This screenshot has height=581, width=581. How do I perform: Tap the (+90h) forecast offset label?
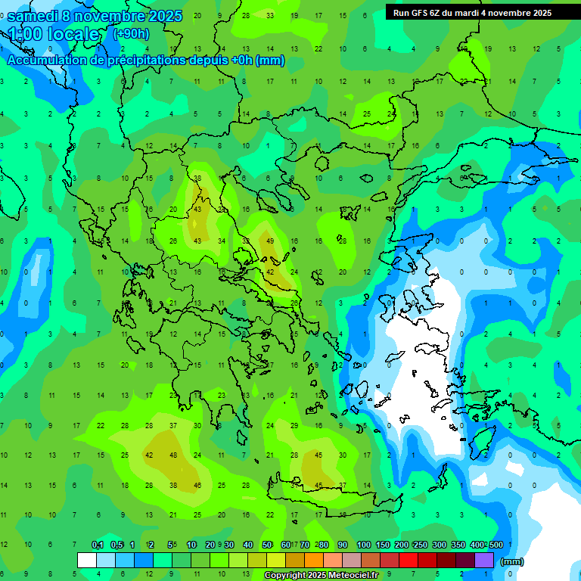[131, 33]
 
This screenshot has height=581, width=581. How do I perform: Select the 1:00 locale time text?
[53, 34]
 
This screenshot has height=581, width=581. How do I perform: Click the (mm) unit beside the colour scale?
[512, 561]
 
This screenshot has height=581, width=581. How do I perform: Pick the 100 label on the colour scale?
[364, 545]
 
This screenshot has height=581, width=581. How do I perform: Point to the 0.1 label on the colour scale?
[98, 545]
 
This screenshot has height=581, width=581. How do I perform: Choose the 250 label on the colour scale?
[420, 545]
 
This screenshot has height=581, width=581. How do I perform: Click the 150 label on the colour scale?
[383, 545]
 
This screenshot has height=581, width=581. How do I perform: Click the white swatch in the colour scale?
[87, 560]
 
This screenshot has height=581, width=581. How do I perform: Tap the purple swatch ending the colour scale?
[484, 560]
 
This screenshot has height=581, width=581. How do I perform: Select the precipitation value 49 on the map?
[270, 241]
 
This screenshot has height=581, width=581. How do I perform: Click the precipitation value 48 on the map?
[173, 455]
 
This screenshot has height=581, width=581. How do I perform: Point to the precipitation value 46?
[197, 485]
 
